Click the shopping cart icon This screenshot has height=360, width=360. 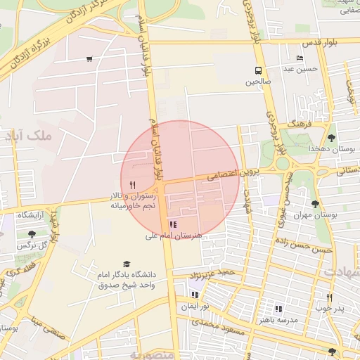coord(89,59)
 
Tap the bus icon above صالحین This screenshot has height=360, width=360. coord(258,70)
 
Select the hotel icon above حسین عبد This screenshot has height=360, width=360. coord(300,58)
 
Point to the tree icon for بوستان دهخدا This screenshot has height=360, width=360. coord(331,139)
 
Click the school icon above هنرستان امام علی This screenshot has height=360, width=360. coord(173,224)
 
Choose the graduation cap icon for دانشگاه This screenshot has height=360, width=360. coord(127,264)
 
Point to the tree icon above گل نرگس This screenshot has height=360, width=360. coord(31,234)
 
